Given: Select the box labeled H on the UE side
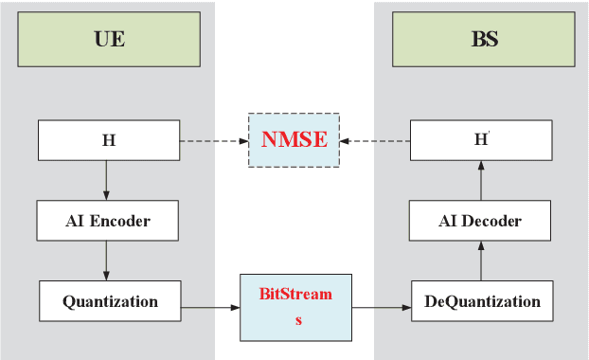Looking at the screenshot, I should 108,140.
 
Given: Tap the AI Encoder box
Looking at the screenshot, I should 108,221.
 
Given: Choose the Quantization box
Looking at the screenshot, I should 110,301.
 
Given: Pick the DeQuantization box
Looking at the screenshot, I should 482,301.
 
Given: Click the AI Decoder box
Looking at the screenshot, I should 480,221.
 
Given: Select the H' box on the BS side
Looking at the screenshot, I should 480,140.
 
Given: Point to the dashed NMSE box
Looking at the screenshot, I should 294,140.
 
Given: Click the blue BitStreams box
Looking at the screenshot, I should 294,308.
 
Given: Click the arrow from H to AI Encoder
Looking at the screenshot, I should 106,180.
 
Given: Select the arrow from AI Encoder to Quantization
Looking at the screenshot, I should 106,261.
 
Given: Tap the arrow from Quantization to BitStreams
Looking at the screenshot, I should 210,308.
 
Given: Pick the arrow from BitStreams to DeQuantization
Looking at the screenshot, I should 381,308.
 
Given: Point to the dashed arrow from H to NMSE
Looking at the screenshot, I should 214,140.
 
